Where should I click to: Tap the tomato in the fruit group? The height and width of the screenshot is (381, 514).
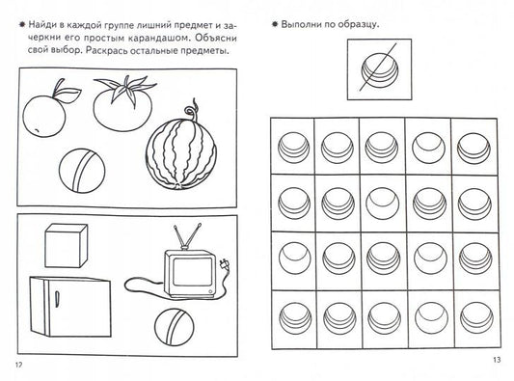tap(122, 106)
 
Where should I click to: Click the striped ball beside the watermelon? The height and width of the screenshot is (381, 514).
tap(82, 170)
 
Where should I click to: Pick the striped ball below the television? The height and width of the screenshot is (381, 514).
tap(174, 327)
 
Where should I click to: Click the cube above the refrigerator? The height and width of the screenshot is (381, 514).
tap(67, 246)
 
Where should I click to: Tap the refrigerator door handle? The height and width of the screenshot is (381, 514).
tap(57, 299)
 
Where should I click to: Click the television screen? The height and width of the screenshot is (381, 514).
tap(193, 271)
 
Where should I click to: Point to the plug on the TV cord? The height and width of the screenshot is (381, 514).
tap(224, 264)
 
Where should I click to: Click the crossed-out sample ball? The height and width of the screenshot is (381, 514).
tap(380, 69)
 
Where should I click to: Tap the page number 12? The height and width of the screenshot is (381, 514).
tap(18, 365)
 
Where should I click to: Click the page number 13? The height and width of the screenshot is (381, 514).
tap(497, 360)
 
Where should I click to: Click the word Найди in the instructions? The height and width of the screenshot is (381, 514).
tap(41, 24)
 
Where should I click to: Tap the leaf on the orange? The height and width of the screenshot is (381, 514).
tap(69, 95)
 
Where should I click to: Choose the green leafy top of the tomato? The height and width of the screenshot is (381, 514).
tap(125, 88)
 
